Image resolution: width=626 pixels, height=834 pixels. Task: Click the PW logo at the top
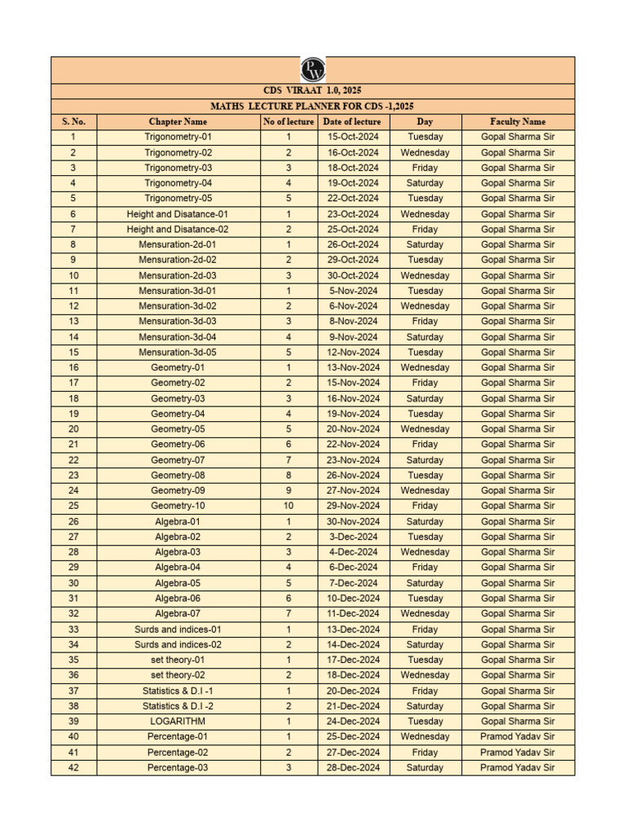[x=313, y=69]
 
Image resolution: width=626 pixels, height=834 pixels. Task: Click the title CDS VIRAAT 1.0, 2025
[x=313, y=91]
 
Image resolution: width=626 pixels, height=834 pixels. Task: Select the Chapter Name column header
[x=178, y=121]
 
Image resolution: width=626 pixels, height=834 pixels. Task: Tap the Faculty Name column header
[x=518, y=121]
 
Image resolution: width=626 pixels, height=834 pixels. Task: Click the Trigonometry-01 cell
[x=178, y=137]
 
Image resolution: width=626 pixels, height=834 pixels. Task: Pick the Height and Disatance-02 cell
[x=178, y=230]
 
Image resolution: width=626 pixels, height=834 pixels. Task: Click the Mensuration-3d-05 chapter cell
[x=178, y=353]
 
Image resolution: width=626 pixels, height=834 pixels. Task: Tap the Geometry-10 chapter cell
[x=178, y=506]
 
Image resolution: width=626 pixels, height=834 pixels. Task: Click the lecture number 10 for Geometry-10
[x=289, y=506]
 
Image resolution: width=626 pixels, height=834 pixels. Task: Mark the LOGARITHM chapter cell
[x=178, y=721]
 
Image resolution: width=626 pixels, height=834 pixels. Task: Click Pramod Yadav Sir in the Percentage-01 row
[x=518, y=736]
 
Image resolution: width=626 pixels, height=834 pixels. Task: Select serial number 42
[x=73, y=767]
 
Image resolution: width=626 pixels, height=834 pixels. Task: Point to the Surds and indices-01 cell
[x=178, y=629]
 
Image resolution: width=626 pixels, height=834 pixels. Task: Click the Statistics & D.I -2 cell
[x=178, y=706]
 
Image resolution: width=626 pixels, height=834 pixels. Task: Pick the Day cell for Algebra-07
[x=425, y=613]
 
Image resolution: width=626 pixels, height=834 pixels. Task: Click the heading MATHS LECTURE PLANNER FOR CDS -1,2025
[x=313, y=107]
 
